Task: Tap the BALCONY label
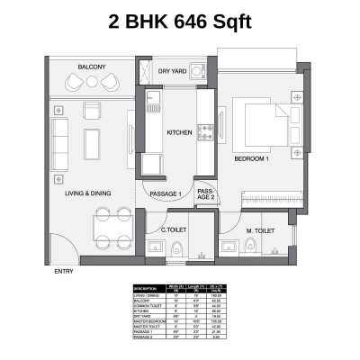(x=92, y=67)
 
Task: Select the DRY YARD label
(x=172, y=70)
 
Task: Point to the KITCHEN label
(x=180, y=133)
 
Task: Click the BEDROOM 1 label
(x=252, y=158)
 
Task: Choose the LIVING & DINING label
(x=87, y=193)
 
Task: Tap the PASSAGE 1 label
(x=166, y=193)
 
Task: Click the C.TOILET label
(x=173, y=229)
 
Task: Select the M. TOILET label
(x=260, y=230)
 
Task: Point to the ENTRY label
(x=64, y=271)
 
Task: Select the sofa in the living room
(x=60, y=140)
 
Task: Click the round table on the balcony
(x=92, y=82)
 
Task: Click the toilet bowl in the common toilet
(x=177, y=248)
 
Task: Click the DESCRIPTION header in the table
(x=145, y=288)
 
